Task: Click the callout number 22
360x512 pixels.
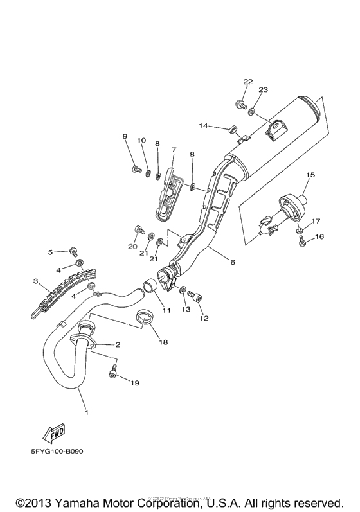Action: (248, 82)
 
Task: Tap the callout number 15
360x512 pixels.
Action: (310, 175)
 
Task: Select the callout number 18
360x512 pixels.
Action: (163, 342)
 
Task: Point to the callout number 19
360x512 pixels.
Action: (134, 384)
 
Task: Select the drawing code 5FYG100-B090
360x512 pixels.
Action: (57, 450)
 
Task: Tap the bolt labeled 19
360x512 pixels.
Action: (114, 371)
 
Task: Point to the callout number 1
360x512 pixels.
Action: (85, 412)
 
